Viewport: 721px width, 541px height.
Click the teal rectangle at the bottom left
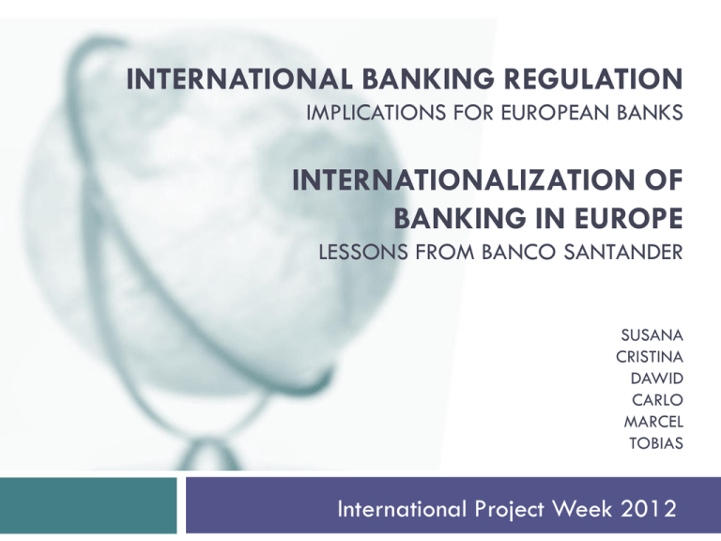tap(88, 508)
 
